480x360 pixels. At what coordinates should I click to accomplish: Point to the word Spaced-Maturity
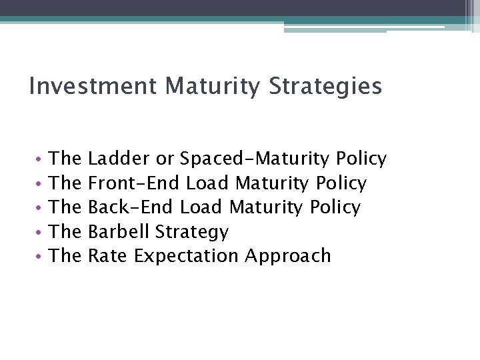coord(255,159)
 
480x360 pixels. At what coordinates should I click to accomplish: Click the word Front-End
coord(135,183)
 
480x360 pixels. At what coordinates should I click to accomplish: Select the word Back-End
coord(132,207)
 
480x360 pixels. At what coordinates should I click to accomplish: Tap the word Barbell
coord(119,232)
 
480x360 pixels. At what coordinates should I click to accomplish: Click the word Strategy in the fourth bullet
coord(192,232)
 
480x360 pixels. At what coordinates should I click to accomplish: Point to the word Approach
coord(288,256)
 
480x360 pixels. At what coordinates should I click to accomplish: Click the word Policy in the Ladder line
coord(361,159)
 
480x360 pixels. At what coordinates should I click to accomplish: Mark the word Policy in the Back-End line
coord(335,207)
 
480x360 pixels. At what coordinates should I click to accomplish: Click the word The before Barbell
coord(65,232)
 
